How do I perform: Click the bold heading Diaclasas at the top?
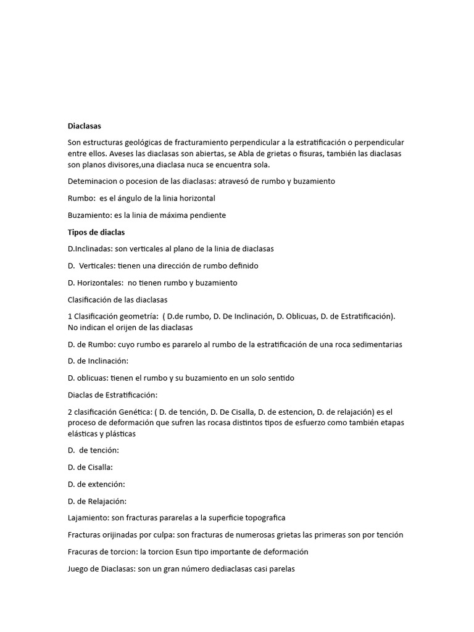pyautogui.click(x=84, y=126)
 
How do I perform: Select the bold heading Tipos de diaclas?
pyautogui.click(x=96, y=232)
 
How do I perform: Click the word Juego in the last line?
pyautogui.click(x=79, y=568)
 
